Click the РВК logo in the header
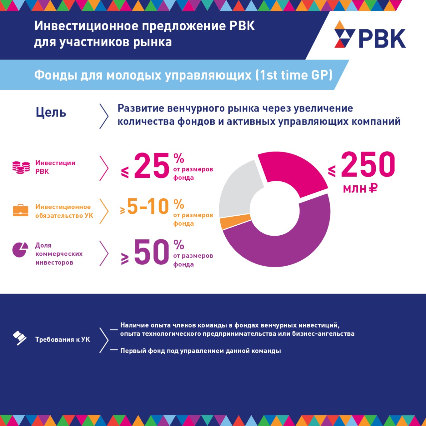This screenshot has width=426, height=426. pyautogui.click(x=370, y=35)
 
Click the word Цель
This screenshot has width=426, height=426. pyautogui.click(x=51, y=113)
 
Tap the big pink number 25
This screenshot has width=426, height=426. pyautogui.click(x=152, y=166)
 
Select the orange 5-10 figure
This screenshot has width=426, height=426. pyautogui.click(x=148, y=206)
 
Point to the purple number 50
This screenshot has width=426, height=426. pyautogui.click(x=152, y=252)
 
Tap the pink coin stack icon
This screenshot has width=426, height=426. pyautogui.click(x=21, y=167)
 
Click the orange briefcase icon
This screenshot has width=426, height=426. pyautogui.click(x=21, y=210)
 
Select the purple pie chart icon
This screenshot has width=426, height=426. pyautogui.click(x=20, y=250)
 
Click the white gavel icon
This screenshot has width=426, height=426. pyautogui.click(x=20, y=338)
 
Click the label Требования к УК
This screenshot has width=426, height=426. pyautogui.click(x=63, y=339)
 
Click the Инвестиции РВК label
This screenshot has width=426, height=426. pyautogui.click(x=55, y=167)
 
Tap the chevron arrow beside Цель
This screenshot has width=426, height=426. pyautogui.click(x=104, y=116)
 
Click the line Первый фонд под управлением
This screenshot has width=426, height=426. pyautogui.click(x=200, y=351)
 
